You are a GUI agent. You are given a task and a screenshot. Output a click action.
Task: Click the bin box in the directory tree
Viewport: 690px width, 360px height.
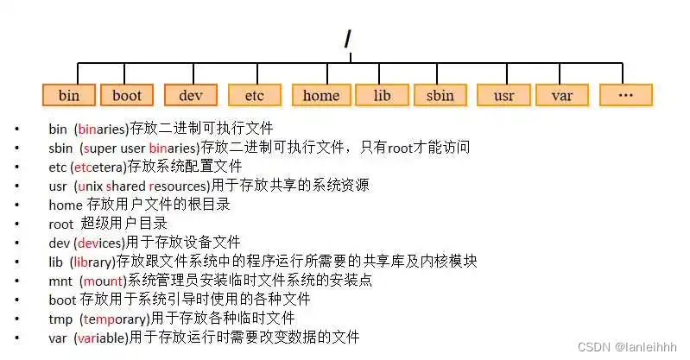pos(68,95)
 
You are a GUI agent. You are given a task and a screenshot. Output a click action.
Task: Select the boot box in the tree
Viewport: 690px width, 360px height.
pos(126,95)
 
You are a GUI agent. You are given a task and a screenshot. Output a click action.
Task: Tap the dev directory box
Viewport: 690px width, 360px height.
pos(190,95)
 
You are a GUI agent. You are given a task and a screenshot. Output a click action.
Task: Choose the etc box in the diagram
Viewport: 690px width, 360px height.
pos(254,95)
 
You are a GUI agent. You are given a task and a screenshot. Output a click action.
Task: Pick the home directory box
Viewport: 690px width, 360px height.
pos(321,95)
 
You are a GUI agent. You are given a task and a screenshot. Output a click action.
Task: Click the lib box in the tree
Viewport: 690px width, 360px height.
pos(382,95)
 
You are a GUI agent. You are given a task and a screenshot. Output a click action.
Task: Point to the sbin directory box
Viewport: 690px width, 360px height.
pos(440,95)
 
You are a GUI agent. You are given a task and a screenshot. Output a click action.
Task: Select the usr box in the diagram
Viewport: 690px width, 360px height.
pos(503,95)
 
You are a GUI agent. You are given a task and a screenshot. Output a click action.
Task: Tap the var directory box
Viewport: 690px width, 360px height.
pos(562,95)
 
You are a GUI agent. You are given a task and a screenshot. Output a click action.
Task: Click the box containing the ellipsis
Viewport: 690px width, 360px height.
pos(626,95)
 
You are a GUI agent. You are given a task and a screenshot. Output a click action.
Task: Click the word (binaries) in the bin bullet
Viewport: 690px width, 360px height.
pos(101,129)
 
